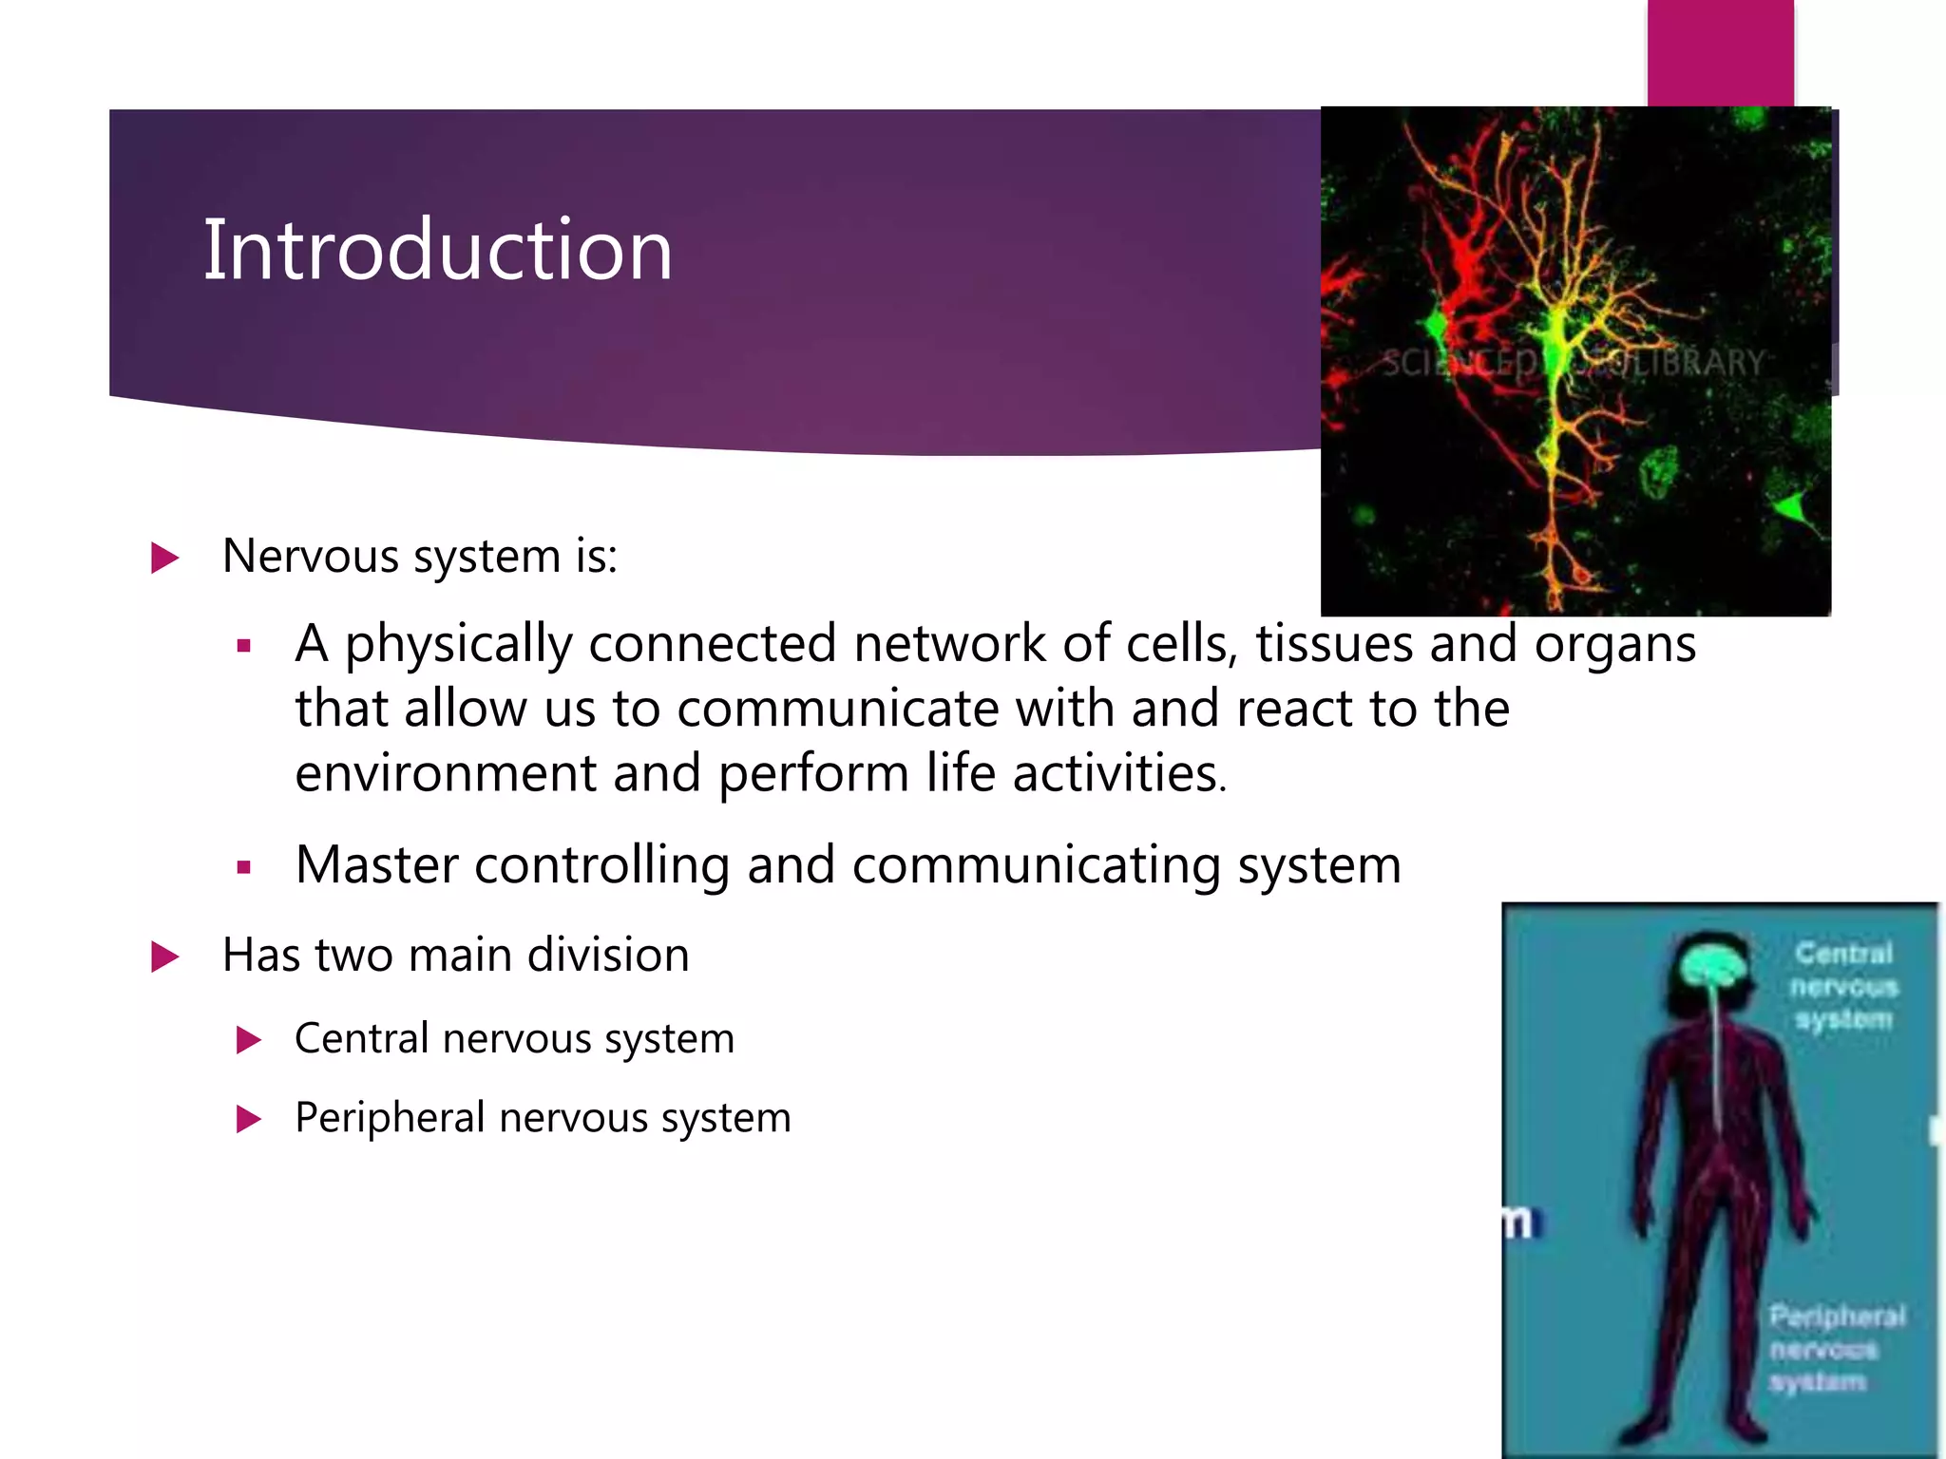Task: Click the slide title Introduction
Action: click(438, 250)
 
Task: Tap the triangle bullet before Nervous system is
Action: click(164, 558)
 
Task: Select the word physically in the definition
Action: click(458, 644)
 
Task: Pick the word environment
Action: click(445, 773)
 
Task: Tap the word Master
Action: click(376, 864)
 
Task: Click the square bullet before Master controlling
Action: click(244, 867)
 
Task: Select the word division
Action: click(608, 955)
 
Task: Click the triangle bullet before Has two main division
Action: click(164, 957)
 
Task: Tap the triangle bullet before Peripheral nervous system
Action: click(248, 1119)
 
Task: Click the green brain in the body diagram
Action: click(1710, 966)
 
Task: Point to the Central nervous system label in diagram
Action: click(1843, 986)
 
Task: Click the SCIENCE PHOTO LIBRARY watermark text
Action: click(1573, 363)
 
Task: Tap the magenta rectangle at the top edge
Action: click(1720, 52)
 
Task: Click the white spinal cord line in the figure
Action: click(1717, 1064)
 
